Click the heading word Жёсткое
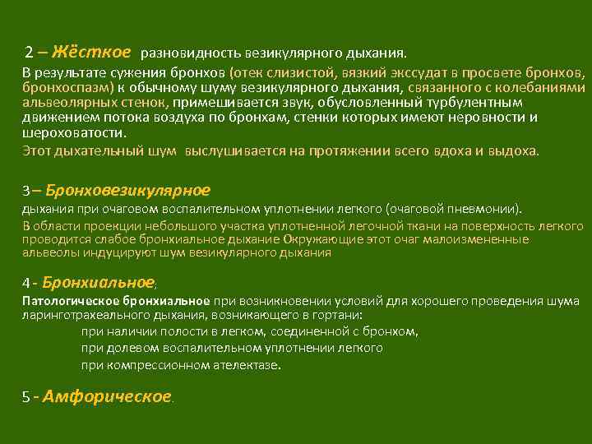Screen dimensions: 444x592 coord(91,52)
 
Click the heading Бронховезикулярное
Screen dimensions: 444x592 coord(128,190)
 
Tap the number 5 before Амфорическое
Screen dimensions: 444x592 coord(26,397)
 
